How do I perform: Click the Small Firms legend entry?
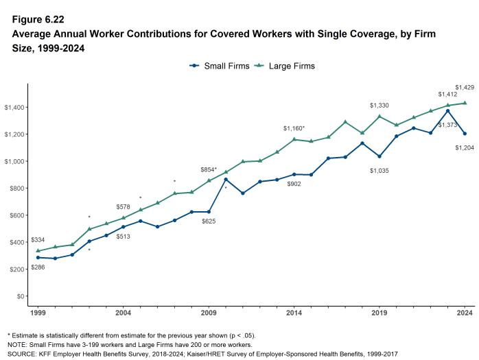[217, 66]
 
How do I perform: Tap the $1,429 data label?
[465, 87]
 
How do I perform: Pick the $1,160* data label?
[294, 128]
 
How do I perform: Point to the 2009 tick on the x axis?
[209, 313]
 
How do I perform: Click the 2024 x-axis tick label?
[465, 313]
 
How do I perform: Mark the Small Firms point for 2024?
[465, 134]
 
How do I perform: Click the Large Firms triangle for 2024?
[465, 103]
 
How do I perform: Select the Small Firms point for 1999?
[38, 258]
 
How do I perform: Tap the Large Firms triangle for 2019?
[379, 117]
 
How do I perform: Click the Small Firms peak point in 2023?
[448, 110]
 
